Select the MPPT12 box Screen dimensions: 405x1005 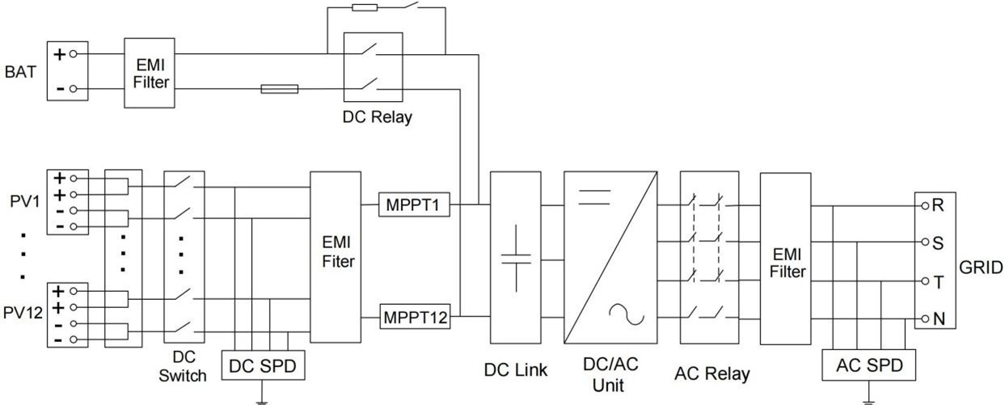tap(414, 317)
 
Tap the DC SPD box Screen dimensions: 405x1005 tap(263, 366)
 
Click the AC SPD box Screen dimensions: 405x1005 tap(868, 366)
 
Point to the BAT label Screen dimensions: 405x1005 tap(20, 71)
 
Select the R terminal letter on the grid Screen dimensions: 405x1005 tap(938, 205)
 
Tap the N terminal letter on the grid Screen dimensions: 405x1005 tap(938, 319)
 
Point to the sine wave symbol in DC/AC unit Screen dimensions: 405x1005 tap(626, 314)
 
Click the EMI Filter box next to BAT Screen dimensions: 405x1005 tap(149, 72)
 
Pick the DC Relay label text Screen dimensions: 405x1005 tap(376, 117)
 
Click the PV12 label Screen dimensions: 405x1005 tap(22, 314)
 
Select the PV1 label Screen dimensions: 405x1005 tap(24, 200)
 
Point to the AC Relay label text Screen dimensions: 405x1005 tap(712, 373)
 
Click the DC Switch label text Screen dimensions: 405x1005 tap(182, 365)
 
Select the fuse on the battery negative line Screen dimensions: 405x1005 tap(279, 88)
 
